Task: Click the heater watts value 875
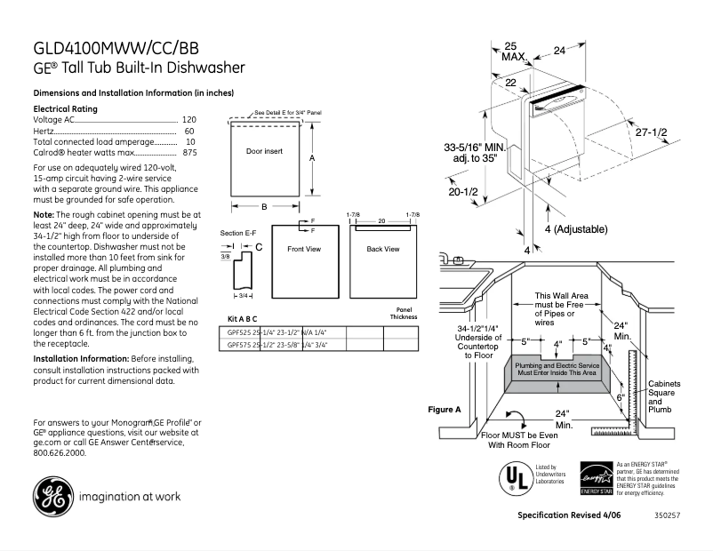(189, 153)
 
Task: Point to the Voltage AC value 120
(189, 119)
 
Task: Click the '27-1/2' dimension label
(651, 132)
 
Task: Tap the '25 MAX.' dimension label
(513, 51)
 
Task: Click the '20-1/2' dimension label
(463, 191)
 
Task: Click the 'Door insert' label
(264, 152)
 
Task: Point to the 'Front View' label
(304, 249)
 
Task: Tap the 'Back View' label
(382, 249)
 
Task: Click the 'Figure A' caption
(445, 410)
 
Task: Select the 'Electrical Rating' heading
(65, 108)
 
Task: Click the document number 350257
(668, 515)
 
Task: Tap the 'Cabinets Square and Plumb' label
(663, 396)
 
